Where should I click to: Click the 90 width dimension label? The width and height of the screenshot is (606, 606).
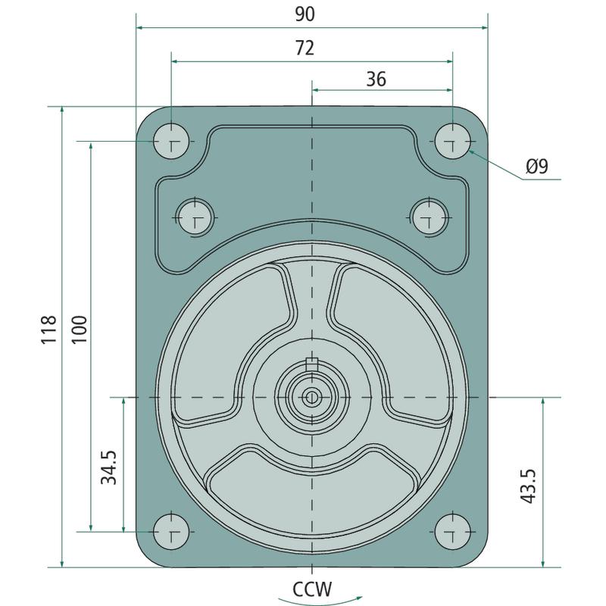[x=305, y=14]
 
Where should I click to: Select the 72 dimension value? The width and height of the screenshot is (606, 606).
[x=305, y=48]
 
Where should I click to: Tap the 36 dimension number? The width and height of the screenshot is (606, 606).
[x=376, y=80]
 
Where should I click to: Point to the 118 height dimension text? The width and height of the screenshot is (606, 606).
[x=49, y=330]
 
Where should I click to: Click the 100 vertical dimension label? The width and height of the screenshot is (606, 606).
[x=80, y=330]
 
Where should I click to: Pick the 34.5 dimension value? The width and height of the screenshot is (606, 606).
[x=108, y=467]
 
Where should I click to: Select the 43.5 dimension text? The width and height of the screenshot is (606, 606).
[x=528, y=486]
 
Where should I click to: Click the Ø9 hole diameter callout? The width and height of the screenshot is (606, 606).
[x=537, y=166]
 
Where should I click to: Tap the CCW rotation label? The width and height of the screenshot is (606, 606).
[x=312, y=589]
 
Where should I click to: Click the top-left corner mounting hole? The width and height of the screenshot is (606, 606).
[x=171, y=141]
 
